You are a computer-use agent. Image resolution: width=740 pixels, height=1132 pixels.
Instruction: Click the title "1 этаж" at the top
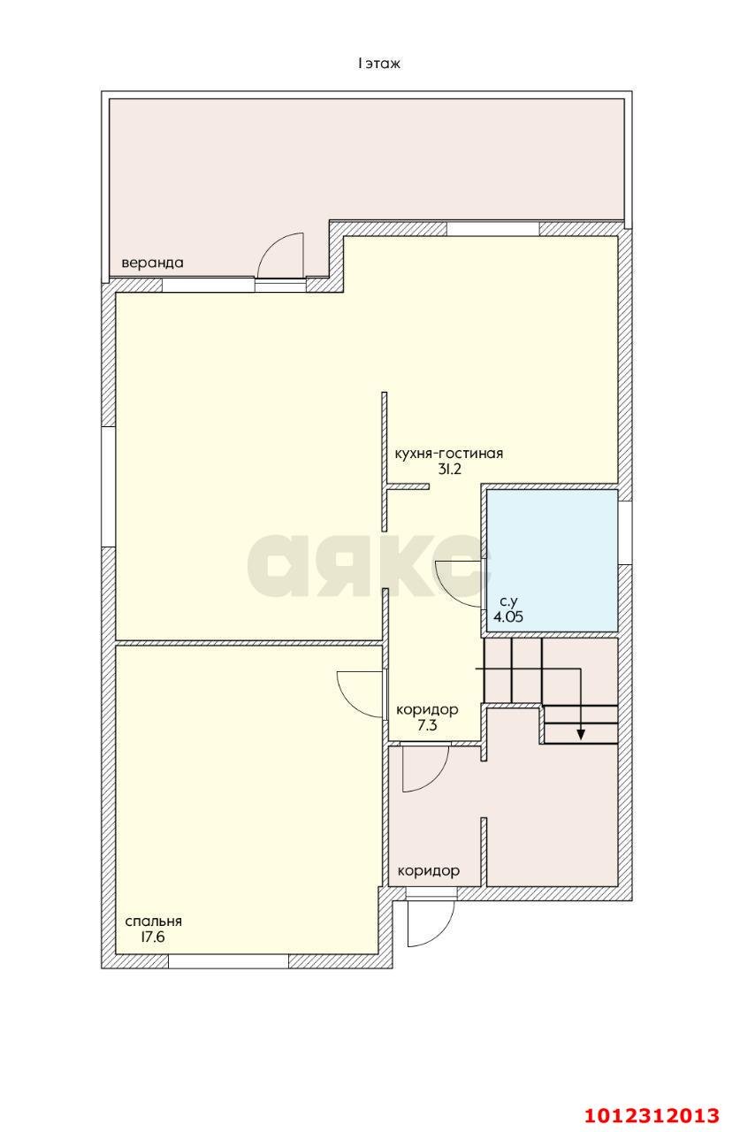point(378,64)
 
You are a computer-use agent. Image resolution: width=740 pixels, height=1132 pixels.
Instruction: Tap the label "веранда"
point(152,263)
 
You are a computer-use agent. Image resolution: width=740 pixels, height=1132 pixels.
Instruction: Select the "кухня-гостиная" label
point(448,454)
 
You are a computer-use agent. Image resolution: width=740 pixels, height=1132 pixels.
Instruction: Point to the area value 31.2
point(449,469)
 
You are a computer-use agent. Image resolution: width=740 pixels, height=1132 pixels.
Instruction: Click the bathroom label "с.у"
point(508,601)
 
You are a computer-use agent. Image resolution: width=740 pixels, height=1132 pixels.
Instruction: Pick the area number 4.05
point(508,616)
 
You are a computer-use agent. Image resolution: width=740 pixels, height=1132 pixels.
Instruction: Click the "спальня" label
point(154,921)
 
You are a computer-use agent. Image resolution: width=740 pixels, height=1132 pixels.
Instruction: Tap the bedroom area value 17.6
point(153,937)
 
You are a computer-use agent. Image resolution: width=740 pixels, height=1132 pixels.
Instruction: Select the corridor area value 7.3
point(427,725)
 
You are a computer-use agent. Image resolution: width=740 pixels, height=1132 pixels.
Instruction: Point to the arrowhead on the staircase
point(581,734)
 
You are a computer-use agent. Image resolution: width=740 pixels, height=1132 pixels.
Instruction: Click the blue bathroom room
point(552,560)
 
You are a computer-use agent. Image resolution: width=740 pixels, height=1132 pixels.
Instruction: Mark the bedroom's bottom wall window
point(228,961)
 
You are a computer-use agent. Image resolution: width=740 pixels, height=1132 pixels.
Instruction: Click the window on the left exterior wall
point(109,487)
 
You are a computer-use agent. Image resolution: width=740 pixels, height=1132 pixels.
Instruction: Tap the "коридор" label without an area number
point(428,871)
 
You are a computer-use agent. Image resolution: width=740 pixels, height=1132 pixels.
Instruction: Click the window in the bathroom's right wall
point(625,532)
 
